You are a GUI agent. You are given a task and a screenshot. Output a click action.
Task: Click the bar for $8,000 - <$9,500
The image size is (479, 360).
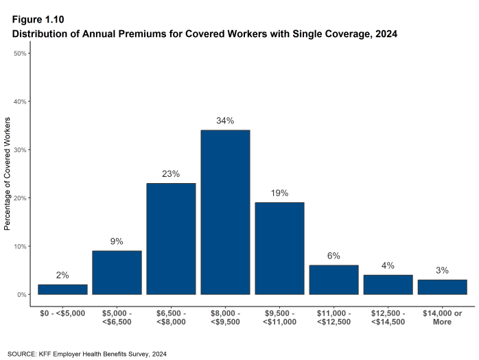(x=225, y=213)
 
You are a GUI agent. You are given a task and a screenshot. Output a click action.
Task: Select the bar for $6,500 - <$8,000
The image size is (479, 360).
(x=171, y=239)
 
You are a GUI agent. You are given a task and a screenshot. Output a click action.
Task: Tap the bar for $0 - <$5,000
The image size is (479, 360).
(x=62, y=289)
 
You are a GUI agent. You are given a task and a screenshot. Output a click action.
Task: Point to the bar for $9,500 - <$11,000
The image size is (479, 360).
(x=279, y=248)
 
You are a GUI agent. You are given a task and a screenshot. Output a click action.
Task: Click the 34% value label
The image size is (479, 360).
(x=225, y=121)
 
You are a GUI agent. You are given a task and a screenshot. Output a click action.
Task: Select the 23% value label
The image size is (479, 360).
(x=171, y=174)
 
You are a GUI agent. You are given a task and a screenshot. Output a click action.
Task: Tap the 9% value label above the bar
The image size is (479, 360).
(x=117, y=241)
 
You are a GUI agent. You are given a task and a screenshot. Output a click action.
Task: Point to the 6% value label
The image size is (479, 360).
(x=334, y=256)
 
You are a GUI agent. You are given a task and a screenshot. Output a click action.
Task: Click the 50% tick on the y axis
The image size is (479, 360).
(x=21, y=53)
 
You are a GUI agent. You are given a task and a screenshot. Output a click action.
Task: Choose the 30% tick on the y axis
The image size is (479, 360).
(x=21, y=149)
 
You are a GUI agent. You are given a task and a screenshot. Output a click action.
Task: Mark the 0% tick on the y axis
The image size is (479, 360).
(x=23, y=295)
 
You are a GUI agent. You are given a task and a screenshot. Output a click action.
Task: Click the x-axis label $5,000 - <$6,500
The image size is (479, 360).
(x=117, y=307)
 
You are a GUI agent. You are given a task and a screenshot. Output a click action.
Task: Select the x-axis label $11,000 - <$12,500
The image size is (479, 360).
(x=334, y=307)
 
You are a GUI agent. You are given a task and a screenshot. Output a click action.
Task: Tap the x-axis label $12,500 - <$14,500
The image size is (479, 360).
(x=388, y=307)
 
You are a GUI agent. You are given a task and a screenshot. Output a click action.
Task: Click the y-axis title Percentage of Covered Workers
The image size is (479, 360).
(x=8, y=173)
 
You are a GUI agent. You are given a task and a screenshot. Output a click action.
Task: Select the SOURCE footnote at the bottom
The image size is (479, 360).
(x=88, y=354)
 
